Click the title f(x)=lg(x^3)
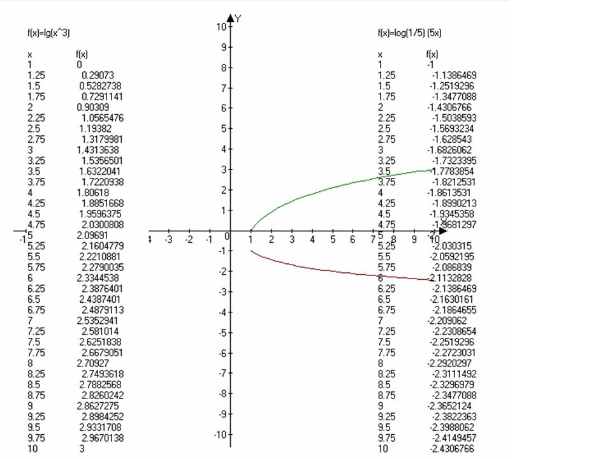48,33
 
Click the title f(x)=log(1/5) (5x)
409,33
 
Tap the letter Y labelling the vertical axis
238,18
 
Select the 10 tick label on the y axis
221,26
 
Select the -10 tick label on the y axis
219,435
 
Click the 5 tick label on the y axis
223,128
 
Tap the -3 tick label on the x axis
169,240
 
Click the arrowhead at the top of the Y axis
231,18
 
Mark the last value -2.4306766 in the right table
451,449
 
